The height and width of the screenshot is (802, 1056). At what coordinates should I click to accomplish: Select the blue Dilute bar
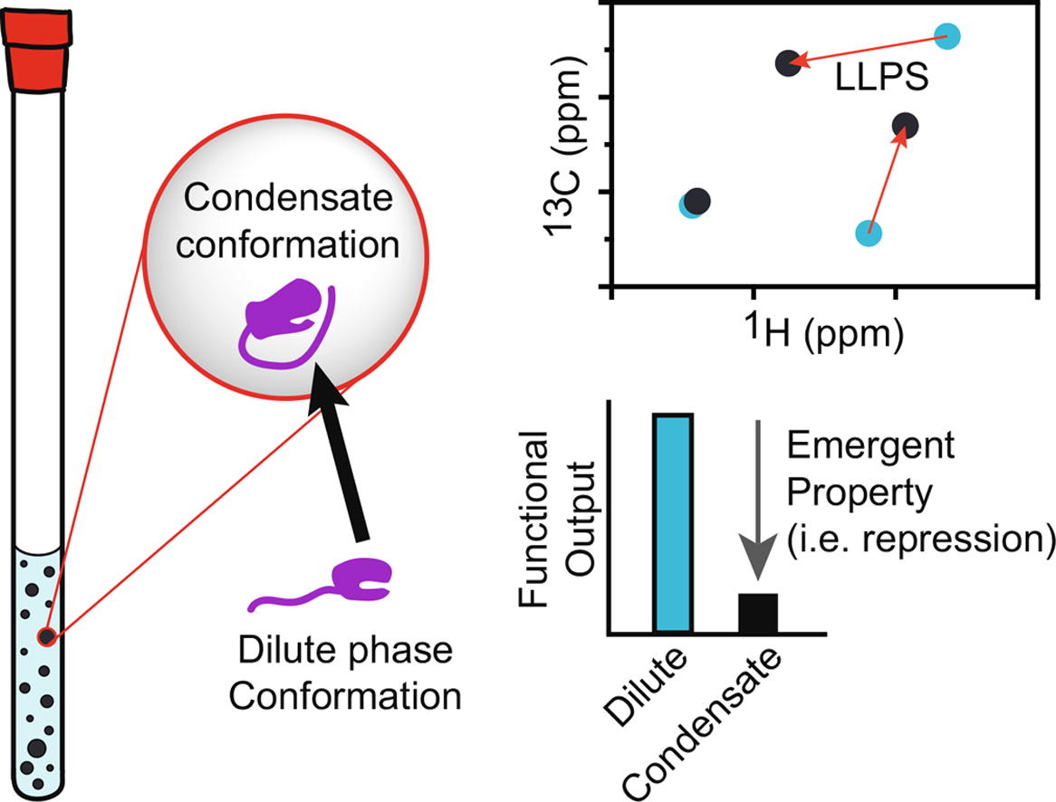pos(673,521)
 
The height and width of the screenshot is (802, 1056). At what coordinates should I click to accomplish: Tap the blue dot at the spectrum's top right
pos(946,37)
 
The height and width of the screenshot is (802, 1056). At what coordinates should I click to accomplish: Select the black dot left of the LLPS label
pos(788,62)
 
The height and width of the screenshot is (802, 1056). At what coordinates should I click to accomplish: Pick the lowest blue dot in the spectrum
pos(869,233)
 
